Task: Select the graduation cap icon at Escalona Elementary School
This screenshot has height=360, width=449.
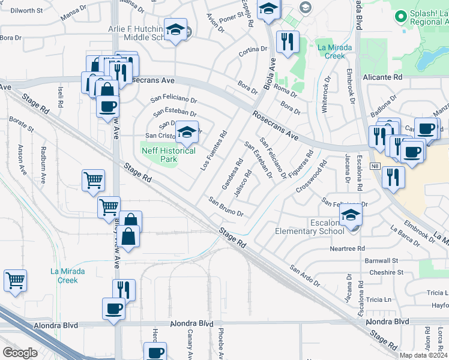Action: pyautogui.click(x=351, y=215)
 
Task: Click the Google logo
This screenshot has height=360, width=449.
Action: pyautogui.click(x=20, y=352)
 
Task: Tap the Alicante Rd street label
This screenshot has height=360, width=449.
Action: pyautogui.click(x=382, y=77)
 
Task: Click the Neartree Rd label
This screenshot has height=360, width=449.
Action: pyautogui.click(x=347, y=248)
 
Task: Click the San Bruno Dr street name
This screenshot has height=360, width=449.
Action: pyautogui.click(x=226, y=206)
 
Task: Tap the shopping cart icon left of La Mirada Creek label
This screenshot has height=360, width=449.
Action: pyautogui.click(x=16, y=280)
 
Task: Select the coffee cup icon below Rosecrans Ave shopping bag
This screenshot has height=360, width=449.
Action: pyautogui.click(x=107, y=107)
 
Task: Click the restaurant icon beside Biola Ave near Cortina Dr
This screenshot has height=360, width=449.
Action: pyautogui.click(x=288, y=42)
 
